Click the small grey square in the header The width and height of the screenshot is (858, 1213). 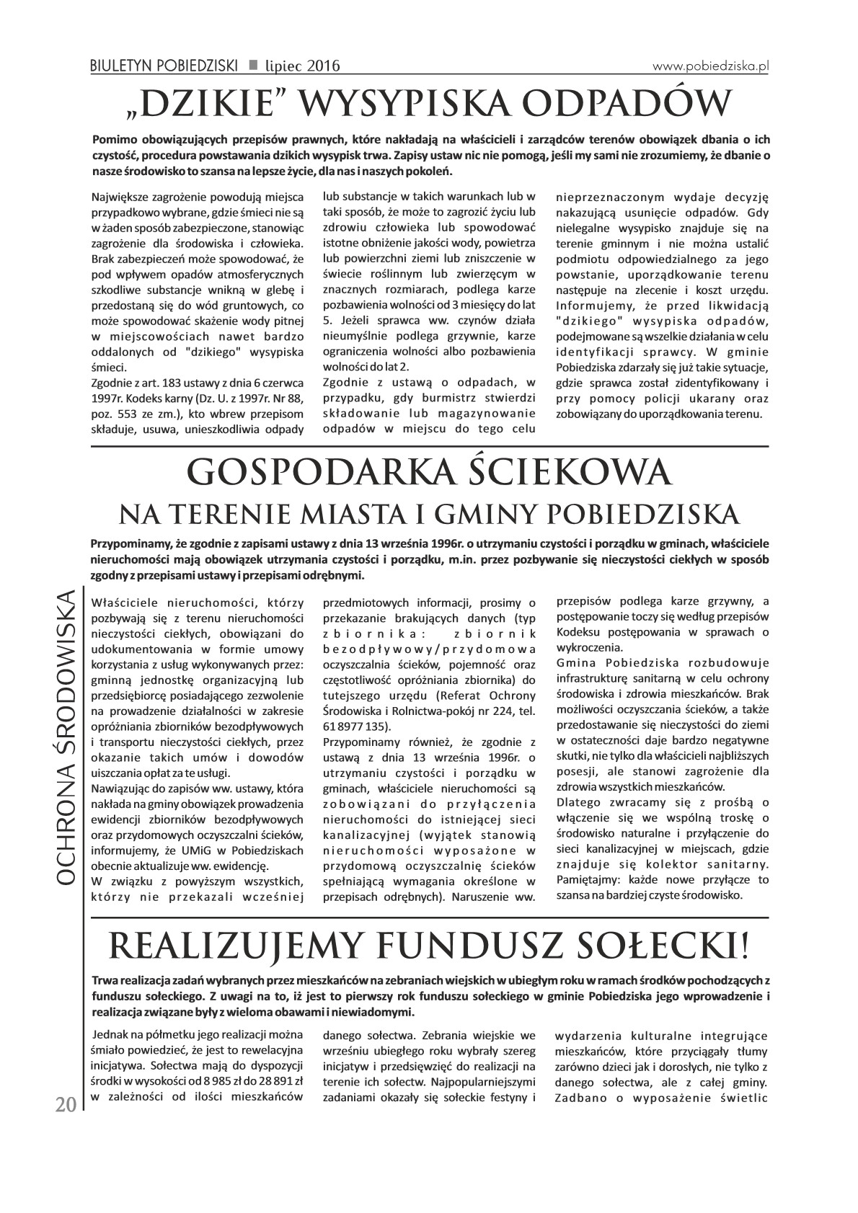(253, 65)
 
